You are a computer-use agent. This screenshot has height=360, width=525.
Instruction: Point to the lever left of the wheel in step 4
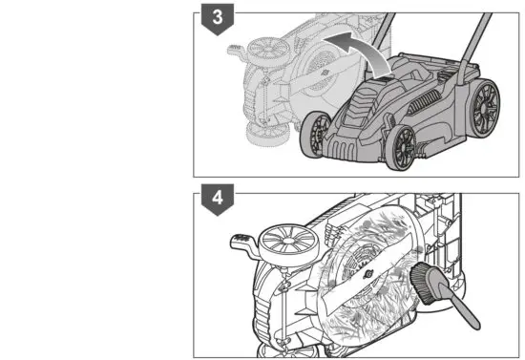tap(238, 244)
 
